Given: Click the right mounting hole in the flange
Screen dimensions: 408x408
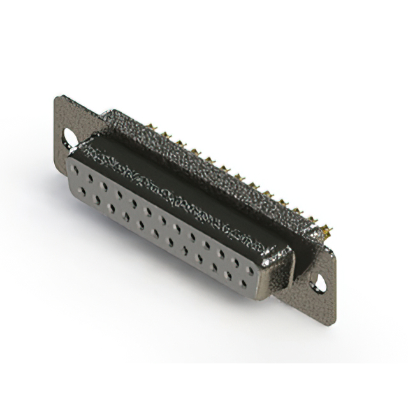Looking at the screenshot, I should click(317, 284).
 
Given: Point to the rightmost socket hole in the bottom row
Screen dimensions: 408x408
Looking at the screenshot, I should click(243, 282).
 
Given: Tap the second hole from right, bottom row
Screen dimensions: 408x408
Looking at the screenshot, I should click(228, 274).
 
